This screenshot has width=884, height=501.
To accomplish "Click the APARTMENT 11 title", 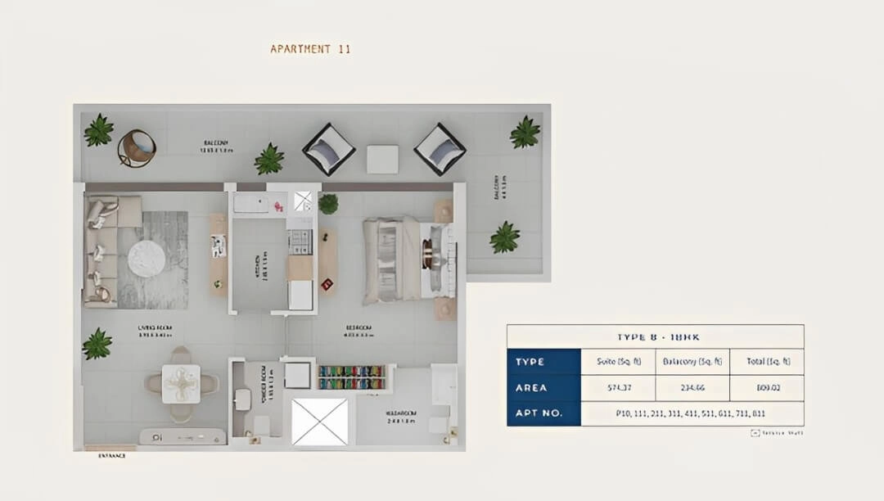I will click(x=310, y=49).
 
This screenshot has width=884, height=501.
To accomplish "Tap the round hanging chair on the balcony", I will click(x=136, y=148).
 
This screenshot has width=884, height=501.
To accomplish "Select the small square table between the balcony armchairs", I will click(x=382, y=159).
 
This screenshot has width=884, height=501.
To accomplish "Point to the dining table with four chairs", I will click(x=181, y=383).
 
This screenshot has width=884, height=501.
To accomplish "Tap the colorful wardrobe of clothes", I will click(x=351, y=377).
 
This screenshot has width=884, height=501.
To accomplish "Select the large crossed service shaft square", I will click(x=319, y=422).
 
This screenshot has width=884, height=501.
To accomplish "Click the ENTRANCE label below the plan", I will click(x=111, y=455).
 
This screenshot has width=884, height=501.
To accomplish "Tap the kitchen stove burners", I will click(x=300, y=241).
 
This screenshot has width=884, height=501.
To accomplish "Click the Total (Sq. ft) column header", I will click(x=766, y=361).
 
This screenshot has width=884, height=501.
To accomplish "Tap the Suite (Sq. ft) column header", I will click(x=617, y=361).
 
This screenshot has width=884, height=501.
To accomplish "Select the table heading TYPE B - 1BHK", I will click(x=655, y=336).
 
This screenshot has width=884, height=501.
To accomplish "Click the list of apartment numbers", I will click(x=692, y=413).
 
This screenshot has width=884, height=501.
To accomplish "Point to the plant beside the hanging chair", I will click(x=99, y=131).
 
